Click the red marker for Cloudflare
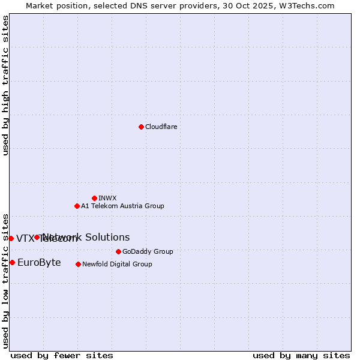click(x=141, y=127)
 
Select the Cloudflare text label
click(x=161, y=127)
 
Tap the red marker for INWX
click(x=94, y=198)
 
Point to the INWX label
click(x=107, y=198)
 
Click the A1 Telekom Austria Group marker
click(x=77, y=206)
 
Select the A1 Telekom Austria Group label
click(x=122, y=206)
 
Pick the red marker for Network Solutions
click(x=37, y=237)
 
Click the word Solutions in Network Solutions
click(x=107, y=237)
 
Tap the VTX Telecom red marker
click(x=11, y=238)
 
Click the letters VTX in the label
click(x=25, y=239)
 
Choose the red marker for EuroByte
click(x=12, y=262)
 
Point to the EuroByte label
click(x=39, y=262)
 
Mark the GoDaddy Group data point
click(x=118, y=251)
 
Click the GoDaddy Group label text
click(x=148, y=251)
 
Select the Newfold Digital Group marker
click(x=78, y=264)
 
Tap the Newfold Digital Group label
click(x=117, y=264)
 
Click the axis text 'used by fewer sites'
click(x=62, y=355)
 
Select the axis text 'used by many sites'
click(x=301, y=355)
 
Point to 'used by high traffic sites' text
click(x=5, y=85)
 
